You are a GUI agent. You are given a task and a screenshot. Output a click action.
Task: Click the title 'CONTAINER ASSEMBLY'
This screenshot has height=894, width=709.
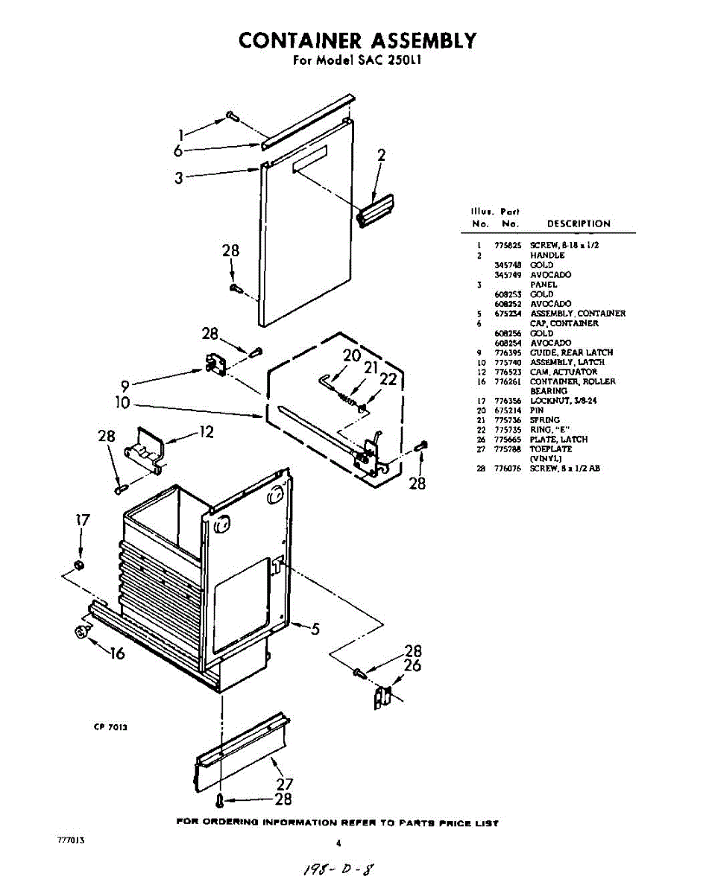pos(357,40)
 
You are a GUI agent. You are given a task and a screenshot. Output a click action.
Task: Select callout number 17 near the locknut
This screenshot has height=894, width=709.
pos(83,520)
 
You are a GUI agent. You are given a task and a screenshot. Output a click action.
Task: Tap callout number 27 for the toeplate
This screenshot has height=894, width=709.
pos(284,784)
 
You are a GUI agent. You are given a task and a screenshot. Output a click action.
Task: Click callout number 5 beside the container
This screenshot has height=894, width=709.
pos(315,629)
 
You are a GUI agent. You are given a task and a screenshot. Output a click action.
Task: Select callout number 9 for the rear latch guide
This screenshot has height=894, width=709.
pos(125,385)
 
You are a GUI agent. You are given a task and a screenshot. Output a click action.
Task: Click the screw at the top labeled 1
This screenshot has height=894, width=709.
pos(231,115)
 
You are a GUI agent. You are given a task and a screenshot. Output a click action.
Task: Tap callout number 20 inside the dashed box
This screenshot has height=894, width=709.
pos(352,355)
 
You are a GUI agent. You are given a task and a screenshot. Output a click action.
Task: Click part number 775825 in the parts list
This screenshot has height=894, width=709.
pos(507,245)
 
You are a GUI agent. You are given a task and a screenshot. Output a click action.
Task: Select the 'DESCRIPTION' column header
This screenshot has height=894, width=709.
pos(579,223)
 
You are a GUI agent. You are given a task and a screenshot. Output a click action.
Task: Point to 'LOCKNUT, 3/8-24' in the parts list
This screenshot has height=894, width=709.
pos(563,401)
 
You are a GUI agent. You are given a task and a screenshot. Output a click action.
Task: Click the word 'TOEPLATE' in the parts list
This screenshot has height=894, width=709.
pos(551,449)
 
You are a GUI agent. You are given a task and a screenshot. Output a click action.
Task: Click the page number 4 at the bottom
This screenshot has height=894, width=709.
pos(338,843)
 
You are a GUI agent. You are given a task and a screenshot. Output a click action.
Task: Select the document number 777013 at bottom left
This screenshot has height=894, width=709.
pos(70,840)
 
